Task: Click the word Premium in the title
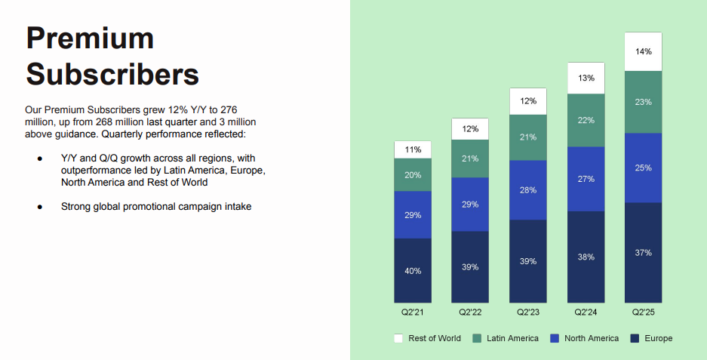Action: pyautogui.click(x=89, y=38)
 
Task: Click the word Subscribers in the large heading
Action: pyautogui.click(x=112, y=74)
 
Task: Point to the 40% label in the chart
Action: pyautogui.click(x=413, y=271)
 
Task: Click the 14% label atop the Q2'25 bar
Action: pyautogui.click(x=643, y=51)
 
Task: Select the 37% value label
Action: pyautogui.click(x=643, y=253)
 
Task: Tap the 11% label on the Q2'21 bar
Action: pyautogui.click(x=413, y=149)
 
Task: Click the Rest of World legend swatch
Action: pyautogui.click(x=398, y=338)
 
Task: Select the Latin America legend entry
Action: pyautogui.click(x=507, y=338)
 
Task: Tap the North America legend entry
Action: pyautogui.click(x=586, y=338)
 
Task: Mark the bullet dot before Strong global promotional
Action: pyautogui.click(x=39, y=206)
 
